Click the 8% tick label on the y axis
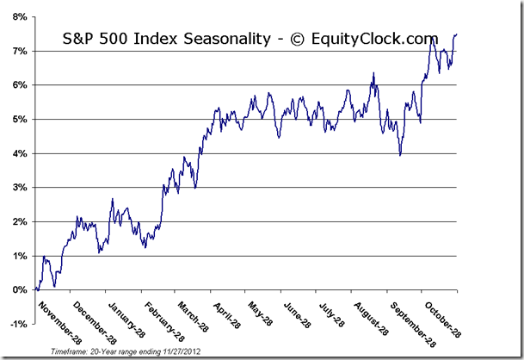(x=16, y=16)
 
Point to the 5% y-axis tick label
(x=16, y=119)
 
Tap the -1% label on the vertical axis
(x=15, y=324)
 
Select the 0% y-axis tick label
(x=16, y=289)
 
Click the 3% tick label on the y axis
(x=16, y=187)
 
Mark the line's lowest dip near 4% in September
(x=400, y=154)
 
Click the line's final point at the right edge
(x=456, y=34)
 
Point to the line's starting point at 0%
(x=36, y=289)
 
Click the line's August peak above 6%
(x=373, y=73)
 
